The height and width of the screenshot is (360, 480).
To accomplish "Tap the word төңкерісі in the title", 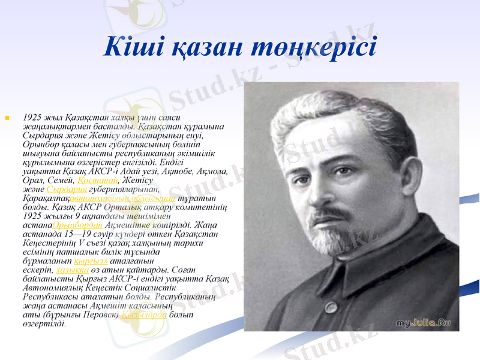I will point(316,47).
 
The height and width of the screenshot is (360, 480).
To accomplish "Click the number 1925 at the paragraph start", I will point(31,118).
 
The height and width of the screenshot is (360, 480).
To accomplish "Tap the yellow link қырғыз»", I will point(91,262).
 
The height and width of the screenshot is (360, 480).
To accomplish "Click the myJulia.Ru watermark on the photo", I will point(424,323).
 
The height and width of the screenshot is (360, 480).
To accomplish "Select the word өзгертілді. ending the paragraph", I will point(44,324).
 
